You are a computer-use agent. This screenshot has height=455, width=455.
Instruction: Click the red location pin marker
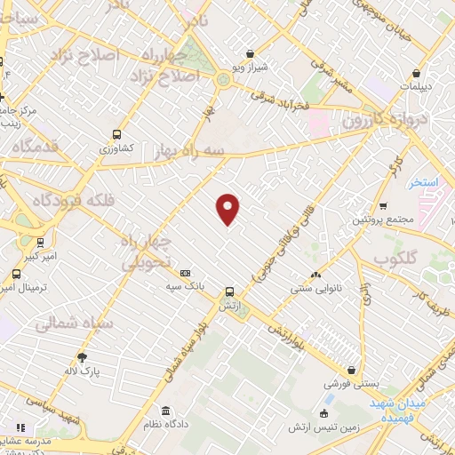pos(228,208)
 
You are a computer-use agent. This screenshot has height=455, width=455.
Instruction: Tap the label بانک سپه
pos(185,287)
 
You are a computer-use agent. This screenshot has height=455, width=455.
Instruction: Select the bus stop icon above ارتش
pos(229,291)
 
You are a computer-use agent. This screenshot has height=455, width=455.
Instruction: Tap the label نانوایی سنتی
pos(315,288)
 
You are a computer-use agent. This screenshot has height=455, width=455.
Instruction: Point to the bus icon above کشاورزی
pos(116,135)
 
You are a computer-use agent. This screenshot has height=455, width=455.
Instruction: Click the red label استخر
pos(426,182)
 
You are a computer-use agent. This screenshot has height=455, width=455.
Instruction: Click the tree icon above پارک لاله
pos(83,356)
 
